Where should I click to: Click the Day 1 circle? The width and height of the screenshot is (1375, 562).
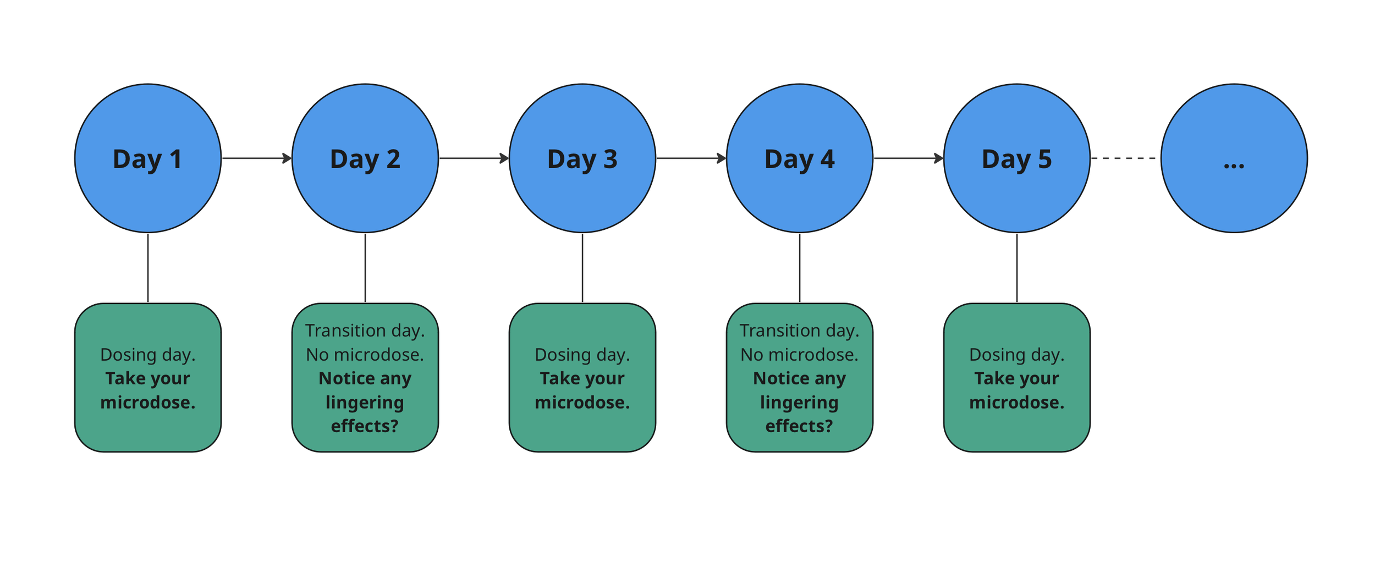(x=147, y=158)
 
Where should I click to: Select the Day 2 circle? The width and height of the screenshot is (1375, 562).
(x=365, y=158)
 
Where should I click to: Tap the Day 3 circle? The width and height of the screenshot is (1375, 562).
(x=582, y=158)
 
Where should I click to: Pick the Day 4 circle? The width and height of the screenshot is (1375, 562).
(x=799, y=158)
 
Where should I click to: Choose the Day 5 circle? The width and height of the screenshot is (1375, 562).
(x=1016, y=158)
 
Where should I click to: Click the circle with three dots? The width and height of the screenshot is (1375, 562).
(x=1234, y=158)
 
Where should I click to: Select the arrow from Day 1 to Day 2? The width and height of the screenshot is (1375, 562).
(x=256, y=158)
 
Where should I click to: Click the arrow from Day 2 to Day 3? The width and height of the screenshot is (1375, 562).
(x=473, y=158)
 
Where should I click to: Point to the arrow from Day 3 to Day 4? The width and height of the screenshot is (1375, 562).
(x=690, y=158)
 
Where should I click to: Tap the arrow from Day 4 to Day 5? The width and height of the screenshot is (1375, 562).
(x=908, y=158)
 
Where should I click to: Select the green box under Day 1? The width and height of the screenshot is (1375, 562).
(x=147, y=378)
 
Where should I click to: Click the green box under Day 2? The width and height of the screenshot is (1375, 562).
(x=365, y=378)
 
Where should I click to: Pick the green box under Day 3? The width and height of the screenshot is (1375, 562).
(x=582, y=378)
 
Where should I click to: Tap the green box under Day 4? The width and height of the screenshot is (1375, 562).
(x=799, y=378)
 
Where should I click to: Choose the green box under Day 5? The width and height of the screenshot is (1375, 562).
(x=1016, y=378)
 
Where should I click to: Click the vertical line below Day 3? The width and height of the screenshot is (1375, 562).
(x=582, y=268)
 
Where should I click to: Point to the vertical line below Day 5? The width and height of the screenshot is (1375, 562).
(x=1016, y=268)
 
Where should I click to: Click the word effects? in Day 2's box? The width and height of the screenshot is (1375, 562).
(x=364, y=426)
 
